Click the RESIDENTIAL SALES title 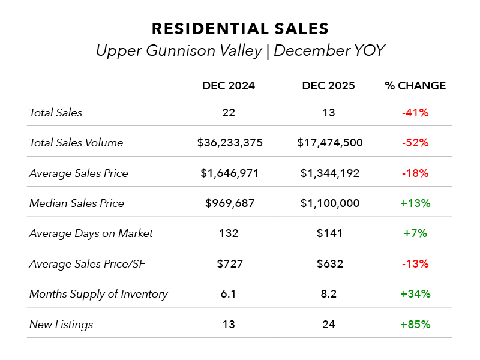click(240, 29)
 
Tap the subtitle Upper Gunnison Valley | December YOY click(240, 51)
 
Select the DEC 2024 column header click(229, 86)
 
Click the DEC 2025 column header click(328, 86)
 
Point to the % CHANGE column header click(415, 86)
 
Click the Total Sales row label click(56, 113)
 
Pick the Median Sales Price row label click(77, 203)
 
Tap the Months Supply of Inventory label click(98, 294)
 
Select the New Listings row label click(61, 325)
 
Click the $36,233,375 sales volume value click(230, 143)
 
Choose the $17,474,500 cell click(329, 143)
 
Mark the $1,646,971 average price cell click(230, 173)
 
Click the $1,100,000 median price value click(329, 203)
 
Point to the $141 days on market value click(329, 233)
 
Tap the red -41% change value click(415, 113)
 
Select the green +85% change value click(415, 325)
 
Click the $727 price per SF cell click(229, 264)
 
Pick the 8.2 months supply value click(329, 294)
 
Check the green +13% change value click(415, 203)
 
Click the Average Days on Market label click(91, 233)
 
